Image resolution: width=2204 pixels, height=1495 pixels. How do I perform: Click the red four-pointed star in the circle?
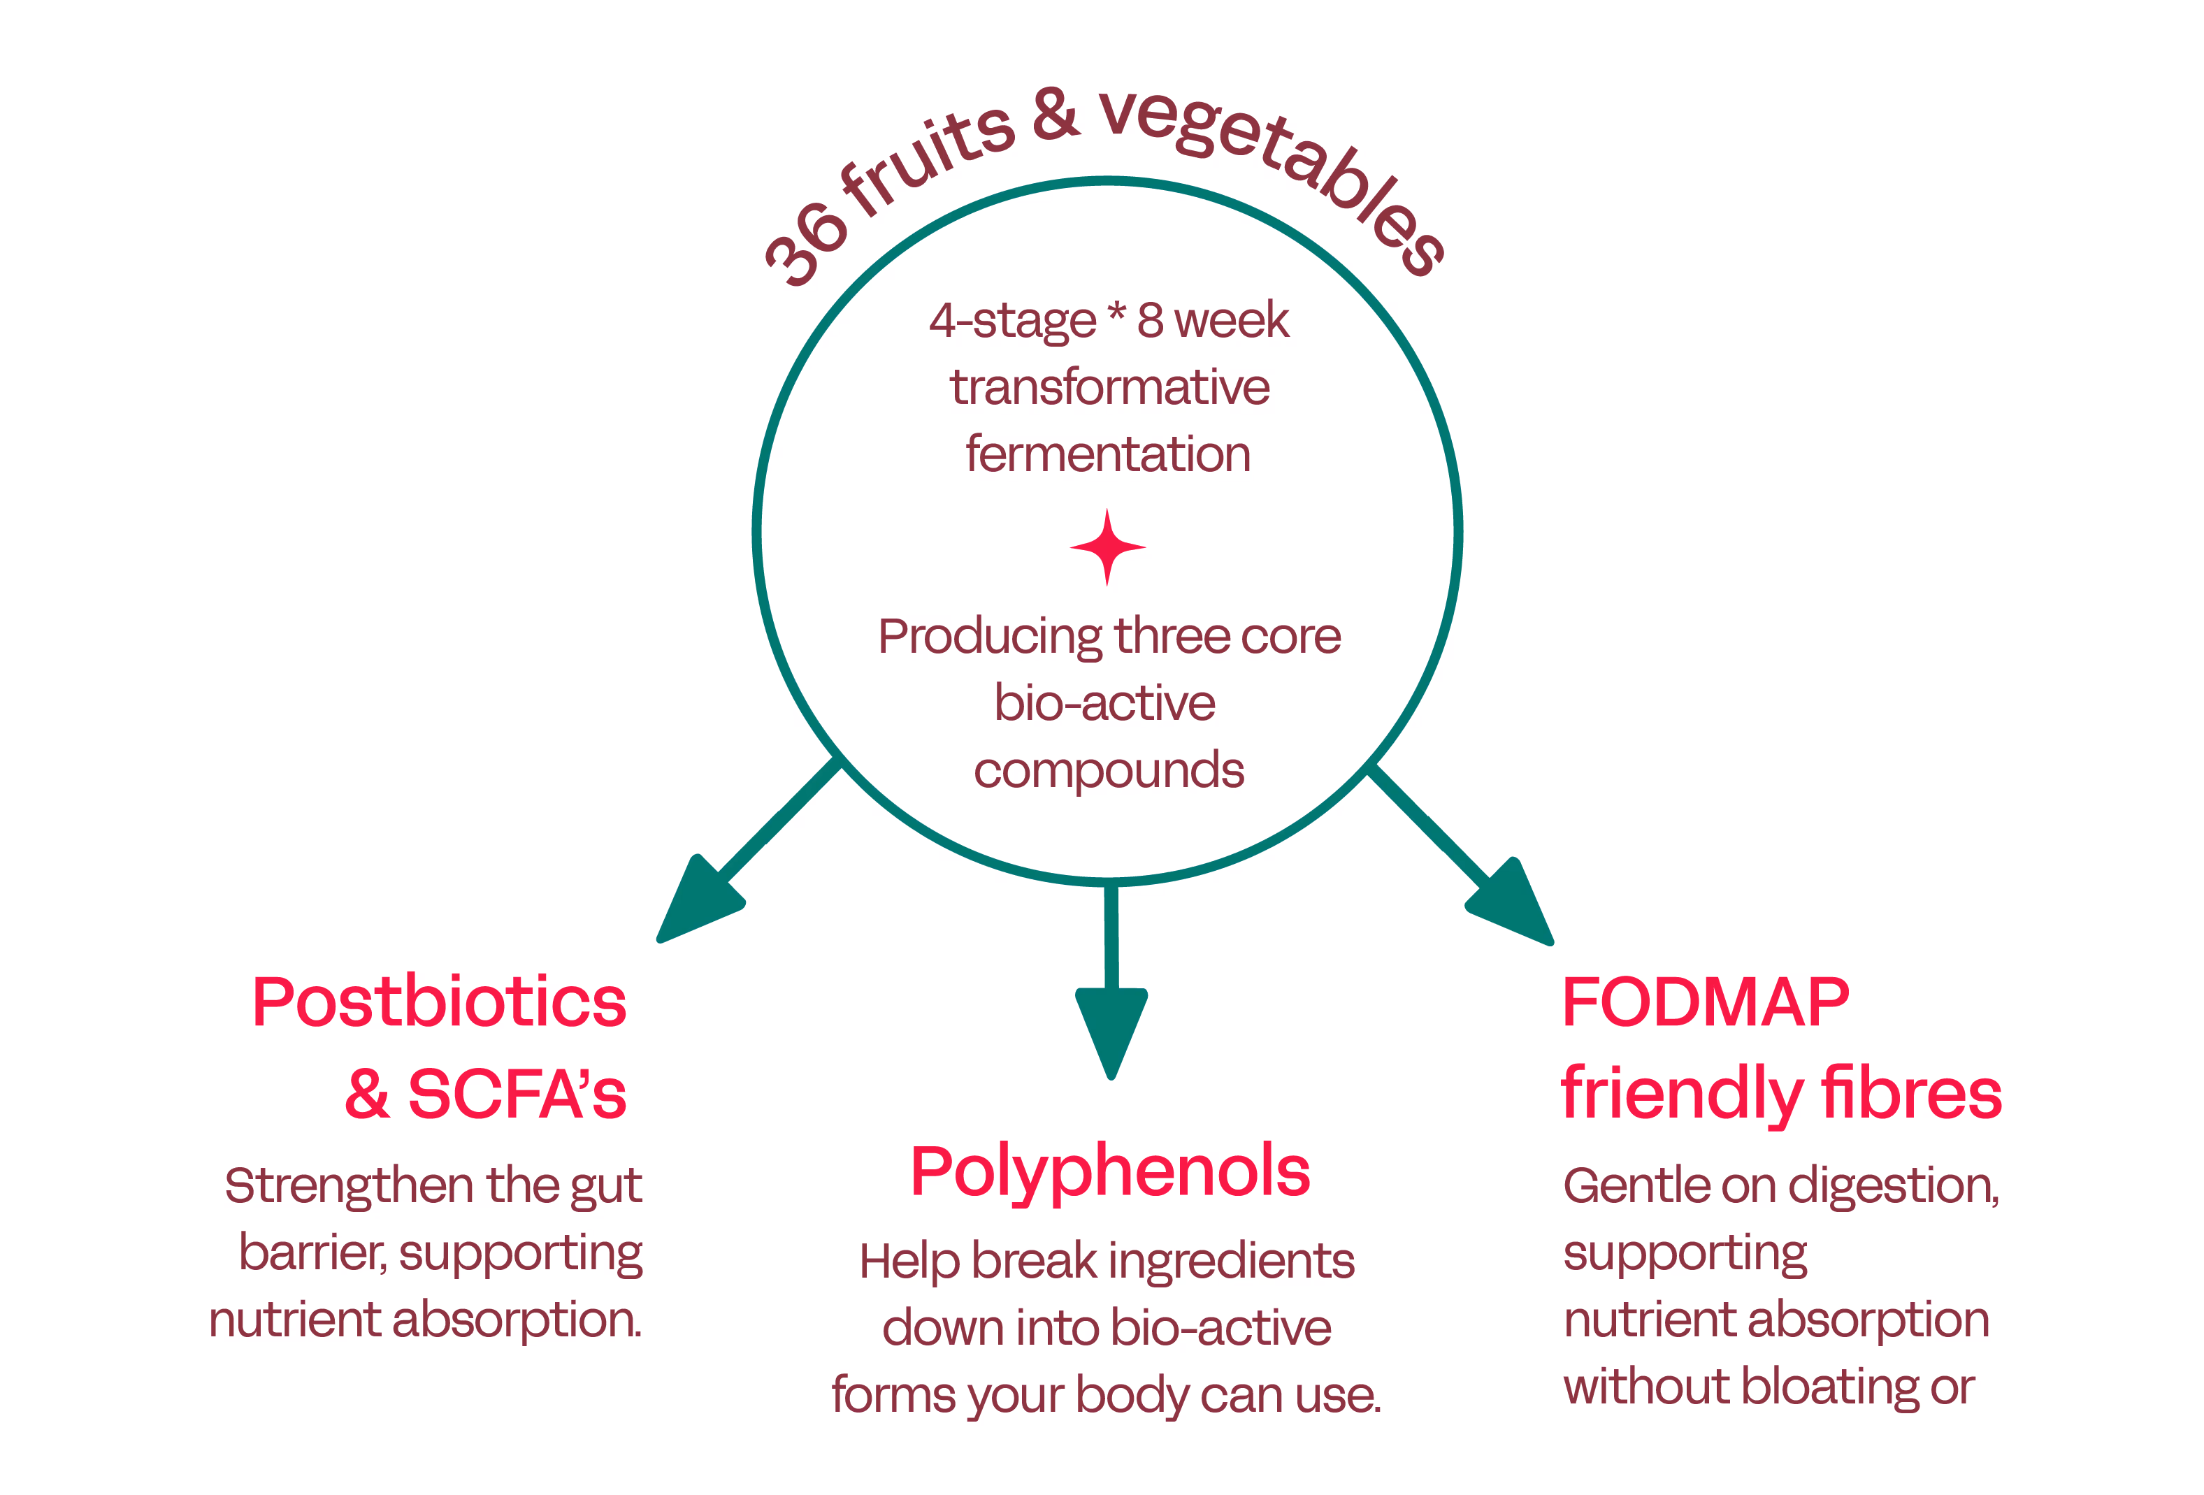tap(1107, 547)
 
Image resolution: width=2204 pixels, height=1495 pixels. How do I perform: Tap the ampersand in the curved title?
tap(1056, 115)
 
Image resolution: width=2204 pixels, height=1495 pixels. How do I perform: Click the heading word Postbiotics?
tap(439, 1002)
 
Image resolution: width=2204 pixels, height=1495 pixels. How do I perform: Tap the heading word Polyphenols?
tap(1109, 1173)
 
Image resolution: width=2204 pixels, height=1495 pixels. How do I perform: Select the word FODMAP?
tap(1705, 1002)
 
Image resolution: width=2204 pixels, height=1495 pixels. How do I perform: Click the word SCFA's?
tap(517, 1094)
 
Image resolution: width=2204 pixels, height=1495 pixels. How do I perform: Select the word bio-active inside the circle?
tap(1105, 703)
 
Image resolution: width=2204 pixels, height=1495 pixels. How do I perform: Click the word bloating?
tap(1829, 1387)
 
